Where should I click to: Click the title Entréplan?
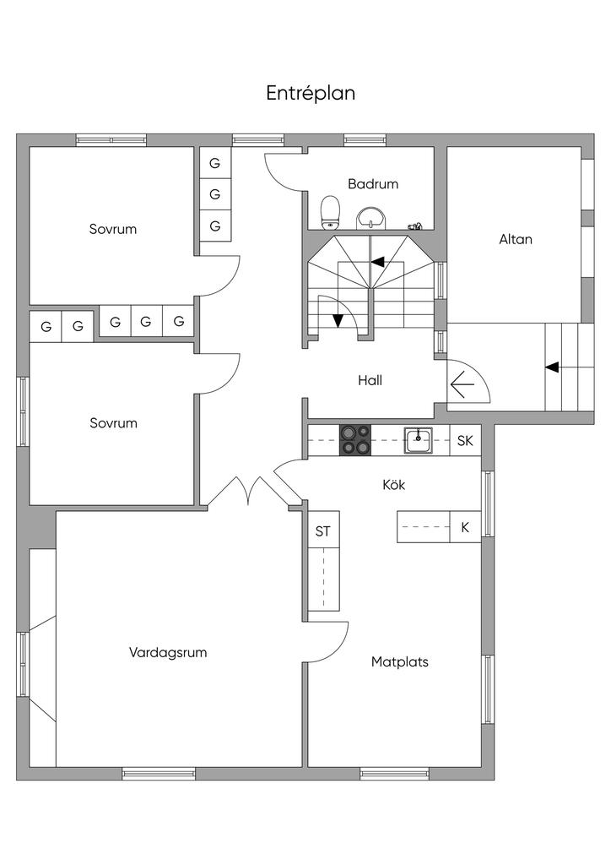coord(311,94)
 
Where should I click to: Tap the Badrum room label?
coord(372,183)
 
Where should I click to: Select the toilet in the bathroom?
coord(330,213)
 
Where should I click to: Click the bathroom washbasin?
coord(370,219)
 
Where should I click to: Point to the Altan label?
coord(516,239)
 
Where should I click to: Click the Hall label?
coord(370,380)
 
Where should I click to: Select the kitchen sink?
coord(418,440)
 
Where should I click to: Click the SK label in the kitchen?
coord(465,440)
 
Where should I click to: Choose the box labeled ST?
coord(322,531)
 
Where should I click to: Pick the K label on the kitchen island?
coord(465,528)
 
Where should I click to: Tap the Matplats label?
coord(399,661)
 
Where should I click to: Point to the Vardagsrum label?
coord(168,652)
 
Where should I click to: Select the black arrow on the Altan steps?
coord(552,367)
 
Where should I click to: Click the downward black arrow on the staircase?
coord(338,320)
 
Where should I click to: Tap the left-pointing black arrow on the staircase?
coord(378,262)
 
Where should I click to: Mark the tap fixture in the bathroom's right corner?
coord(414,226)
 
